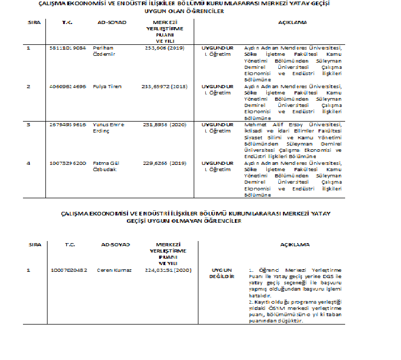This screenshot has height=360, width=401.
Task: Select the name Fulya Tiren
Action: [x=107, y=86]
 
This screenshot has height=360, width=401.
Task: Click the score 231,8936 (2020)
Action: [x=163, y=125]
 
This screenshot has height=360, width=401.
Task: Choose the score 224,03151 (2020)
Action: [x=169, y=270]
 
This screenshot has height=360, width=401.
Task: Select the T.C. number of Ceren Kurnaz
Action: [x=69, y=270]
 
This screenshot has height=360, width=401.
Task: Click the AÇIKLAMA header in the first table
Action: [x=293, y=23]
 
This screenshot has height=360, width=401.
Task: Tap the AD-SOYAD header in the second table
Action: [x=115, y=244]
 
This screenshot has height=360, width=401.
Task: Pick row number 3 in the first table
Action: [x=29, y=125]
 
